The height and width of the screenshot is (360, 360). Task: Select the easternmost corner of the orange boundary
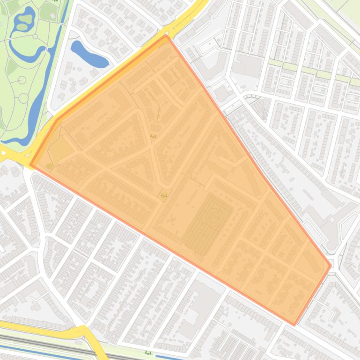tap(331, 266)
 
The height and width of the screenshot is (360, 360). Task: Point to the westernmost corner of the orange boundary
tap(30, 165)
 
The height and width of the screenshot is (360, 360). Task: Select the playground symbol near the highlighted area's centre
tap(153, 136)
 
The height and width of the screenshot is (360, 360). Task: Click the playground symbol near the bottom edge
tap(148, 353)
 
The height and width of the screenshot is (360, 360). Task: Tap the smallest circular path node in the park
tap(36, 36)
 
